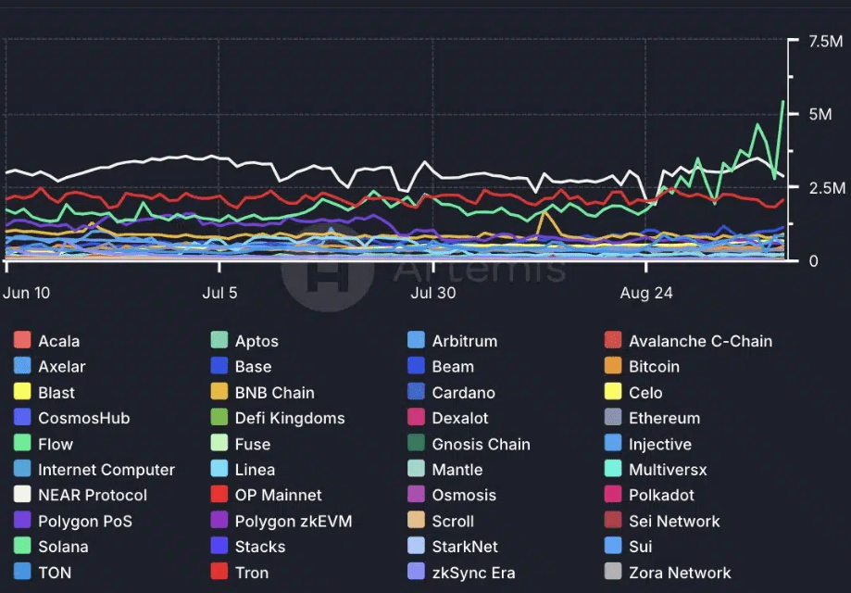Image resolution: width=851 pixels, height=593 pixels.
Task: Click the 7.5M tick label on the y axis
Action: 825,41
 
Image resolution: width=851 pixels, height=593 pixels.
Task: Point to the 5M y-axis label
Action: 819,114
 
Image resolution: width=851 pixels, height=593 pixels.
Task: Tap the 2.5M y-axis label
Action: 825,188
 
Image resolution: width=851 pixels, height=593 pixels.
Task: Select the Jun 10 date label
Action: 27,293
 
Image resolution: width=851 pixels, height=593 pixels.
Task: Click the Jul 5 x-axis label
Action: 219,293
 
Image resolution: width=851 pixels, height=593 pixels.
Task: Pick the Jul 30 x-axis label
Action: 433,293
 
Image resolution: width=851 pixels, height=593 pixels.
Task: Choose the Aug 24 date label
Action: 646,293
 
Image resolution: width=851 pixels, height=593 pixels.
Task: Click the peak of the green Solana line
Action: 783,101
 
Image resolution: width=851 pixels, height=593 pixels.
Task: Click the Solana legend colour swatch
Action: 22,547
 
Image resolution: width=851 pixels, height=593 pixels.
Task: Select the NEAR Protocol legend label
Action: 93,496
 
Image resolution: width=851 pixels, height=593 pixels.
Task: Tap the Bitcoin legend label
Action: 654,367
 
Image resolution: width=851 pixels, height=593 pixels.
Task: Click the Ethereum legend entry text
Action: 664,418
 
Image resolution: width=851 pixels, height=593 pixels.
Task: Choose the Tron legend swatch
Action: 219,573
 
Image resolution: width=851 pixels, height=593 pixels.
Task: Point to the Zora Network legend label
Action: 680,573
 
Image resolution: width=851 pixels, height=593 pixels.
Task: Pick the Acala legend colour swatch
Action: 22,341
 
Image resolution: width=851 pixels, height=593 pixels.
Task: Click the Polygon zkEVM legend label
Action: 294,522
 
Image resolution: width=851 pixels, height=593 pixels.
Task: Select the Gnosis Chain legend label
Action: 481,444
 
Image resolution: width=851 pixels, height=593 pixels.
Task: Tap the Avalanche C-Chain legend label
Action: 700,341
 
